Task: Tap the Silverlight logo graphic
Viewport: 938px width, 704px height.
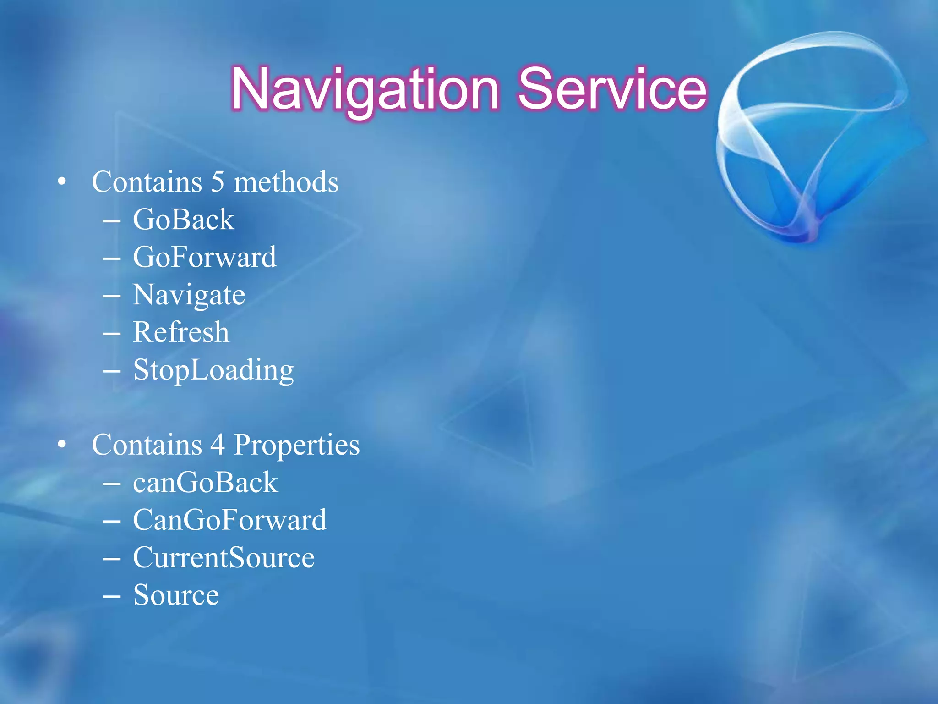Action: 811,137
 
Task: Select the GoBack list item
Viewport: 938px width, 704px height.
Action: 183,220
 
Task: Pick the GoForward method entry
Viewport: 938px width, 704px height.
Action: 204,257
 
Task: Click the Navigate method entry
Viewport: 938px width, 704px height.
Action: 189,295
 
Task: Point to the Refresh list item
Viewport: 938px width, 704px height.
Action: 181,332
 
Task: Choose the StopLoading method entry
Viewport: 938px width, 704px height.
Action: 213,370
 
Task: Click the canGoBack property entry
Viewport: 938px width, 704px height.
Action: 205,483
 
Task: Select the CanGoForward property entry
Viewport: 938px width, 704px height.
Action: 230,520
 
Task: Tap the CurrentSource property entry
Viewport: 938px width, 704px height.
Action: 224,558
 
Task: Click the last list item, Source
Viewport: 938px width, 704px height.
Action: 176,595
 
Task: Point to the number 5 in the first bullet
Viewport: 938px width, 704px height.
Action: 218,182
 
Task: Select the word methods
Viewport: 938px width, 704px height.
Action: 286,182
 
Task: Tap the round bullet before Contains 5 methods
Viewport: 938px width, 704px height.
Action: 62,182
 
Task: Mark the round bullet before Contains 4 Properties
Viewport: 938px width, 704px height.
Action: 62,445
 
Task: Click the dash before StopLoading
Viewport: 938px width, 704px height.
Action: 112,370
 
